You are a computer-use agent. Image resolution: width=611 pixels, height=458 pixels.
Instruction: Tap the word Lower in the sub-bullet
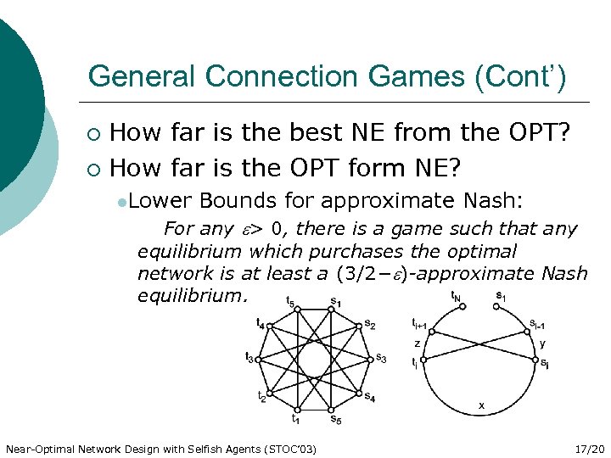pos(162,200)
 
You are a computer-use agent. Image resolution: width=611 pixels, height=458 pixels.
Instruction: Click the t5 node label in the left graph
pos(291,302)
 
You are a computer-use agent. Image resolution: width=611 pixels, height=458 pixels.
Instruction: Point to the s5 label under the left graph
pos(335,418)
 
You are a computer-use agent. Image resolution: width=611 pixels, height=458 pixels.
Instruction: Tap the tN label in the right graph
pos(457,298)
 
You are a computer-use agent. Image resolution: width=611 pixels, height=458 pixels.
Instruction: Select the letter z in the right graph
pos(417,343)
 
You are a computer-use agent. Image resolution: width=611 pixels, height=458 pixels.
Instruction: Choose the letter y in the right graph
pos(542,343)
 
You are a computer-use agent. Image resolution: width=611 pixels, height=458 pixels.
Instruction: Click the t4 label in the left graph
pos(260,323)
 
